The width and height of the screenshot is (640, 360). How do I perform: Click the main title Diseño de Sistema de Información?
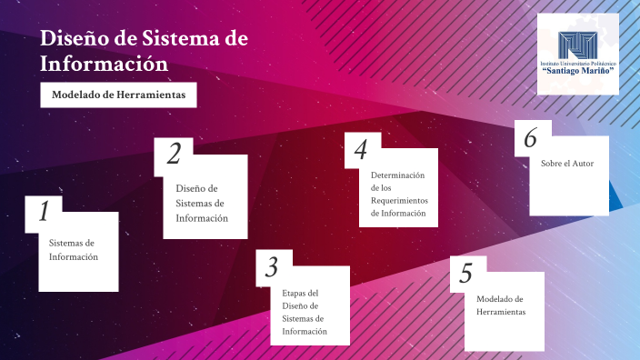[144, 51]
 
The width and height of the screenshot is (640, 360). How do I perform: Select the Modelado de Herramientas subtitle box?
[118, 95]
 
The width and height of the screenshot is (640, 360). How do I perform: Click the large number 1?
[42, 212]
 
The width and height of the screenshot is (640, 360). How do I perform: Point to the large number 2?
[173, 155]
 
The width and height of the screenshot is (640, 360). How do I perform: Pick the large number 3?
[271, 267]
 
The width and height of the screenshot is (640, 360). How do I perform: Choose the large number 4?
[361, 149]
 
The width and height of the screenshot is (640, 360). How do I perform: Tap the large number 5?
[466, 273]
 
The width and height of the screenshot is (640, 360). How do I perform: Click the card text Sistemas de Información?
[73, 250]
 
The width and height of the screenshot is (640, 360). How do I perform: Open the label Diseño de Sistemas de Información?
[201, 203]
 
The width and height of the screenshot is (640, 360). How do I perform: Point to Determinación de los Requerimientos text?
[398, 193]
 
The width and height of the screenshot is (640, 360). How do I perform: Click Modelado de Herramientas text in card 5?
[501, 305]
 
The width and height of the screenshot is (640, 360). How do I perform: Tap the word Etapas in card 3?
[295, 293]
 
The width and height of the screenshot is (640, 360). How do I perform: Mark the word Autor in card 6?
[583, 164]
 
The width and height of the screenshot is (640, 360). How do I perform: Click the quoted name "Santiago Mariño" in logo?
[577, 70]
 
